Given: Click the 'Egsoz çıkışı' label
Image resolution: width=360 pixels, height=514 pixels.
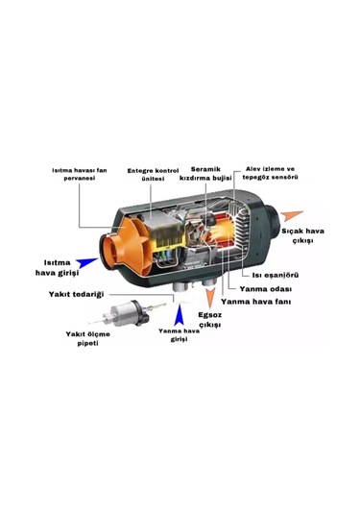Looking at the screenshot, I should click(209, 320).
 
